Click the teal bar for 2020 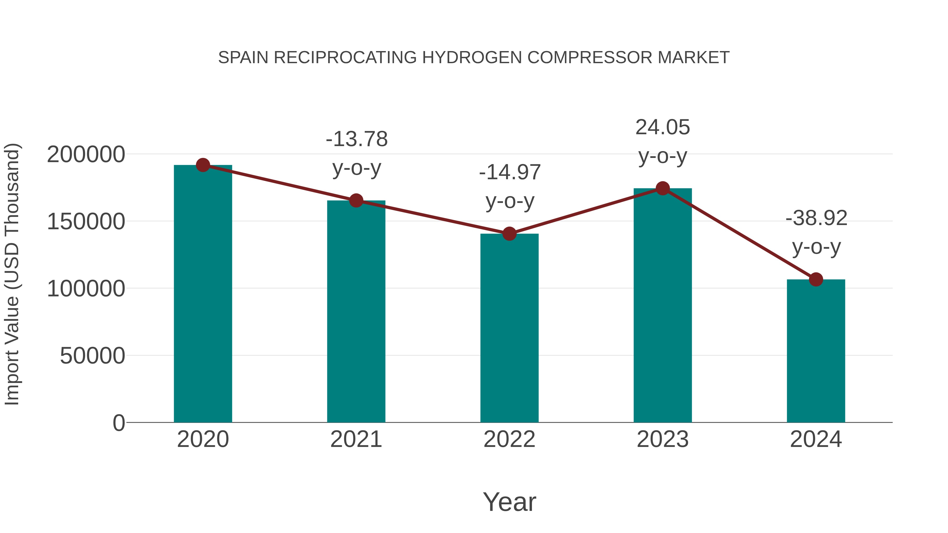[x=203, y=294]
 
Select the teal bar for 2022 [x=509, y=327]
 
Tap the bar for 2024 [x=816, y=351]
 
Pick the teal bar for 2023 [x=663, y=305]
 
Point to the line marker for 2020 [x=203, y=165]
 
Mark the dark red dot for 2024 [x=816, y=280]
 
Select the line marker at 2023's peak [x=663, y=189]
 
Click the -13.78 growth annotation [x=357, y=140]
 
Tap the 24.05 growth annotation [x=663, y=128]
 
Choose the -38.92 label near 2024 [x=816, y=218]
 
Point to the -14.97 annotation [x=510, y=172]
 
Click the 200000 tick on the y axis [x=86, y=155]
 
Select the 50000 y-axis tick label [x=92, y=356]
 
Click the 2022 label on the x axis [x=509, y=439]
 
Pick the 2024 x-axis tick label [x=816, y=439]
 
